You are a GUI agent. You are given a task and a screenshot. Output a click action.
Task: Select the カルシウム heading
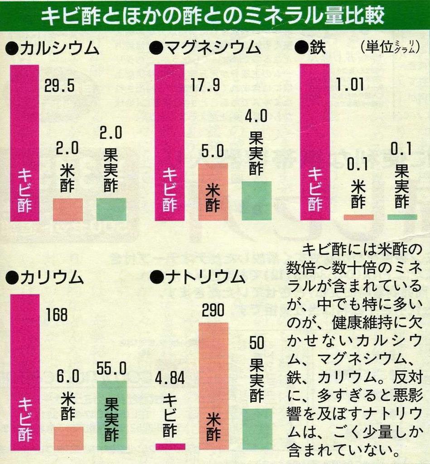click(x=53, y=47)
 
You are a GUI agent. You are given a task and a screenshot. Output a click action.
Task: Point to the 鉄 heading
click(x=310, y=47)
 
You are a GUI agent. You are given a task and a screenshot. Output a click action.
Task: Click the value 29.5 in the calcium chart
click(x=59, y=86)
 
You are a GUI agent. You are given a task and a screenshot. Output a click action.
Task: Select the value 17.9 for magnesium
click(x=205, y=85)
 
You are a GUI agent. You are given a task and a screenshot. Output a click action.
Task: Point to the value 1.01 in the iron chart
click(x=350, y=85)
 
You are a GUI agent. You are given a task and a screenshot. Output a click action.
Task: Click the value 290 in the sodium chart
click(x=213, y=311)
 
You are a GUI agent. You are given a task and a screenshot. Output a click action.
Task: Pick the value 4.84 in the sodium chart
click(x=170, y=377)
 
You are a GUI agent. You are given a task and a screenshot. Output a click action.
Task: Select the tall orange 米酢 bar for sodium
click(x=213, y=385)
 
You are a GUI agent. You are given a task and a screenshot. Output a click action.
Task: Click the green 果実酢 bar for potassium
click(x=112, y=415)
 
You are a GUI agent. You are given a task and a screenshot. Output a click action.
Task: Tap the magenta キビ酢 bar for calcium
click(x=24, y=143)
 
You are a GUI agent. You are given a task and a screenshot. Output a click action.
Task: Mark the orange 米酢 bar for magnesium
click(x=213, y=192)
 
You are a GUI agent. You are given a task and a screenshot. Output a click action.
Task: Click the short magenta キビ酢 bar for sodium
click(x=170, y=446)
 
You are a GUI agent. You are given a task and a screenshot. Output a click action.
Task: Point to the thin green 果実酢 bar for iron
click(x=402, y=217)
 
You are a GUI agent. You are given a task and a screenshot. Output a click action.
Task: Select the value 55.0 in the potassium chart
click(x=111, y=369)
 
